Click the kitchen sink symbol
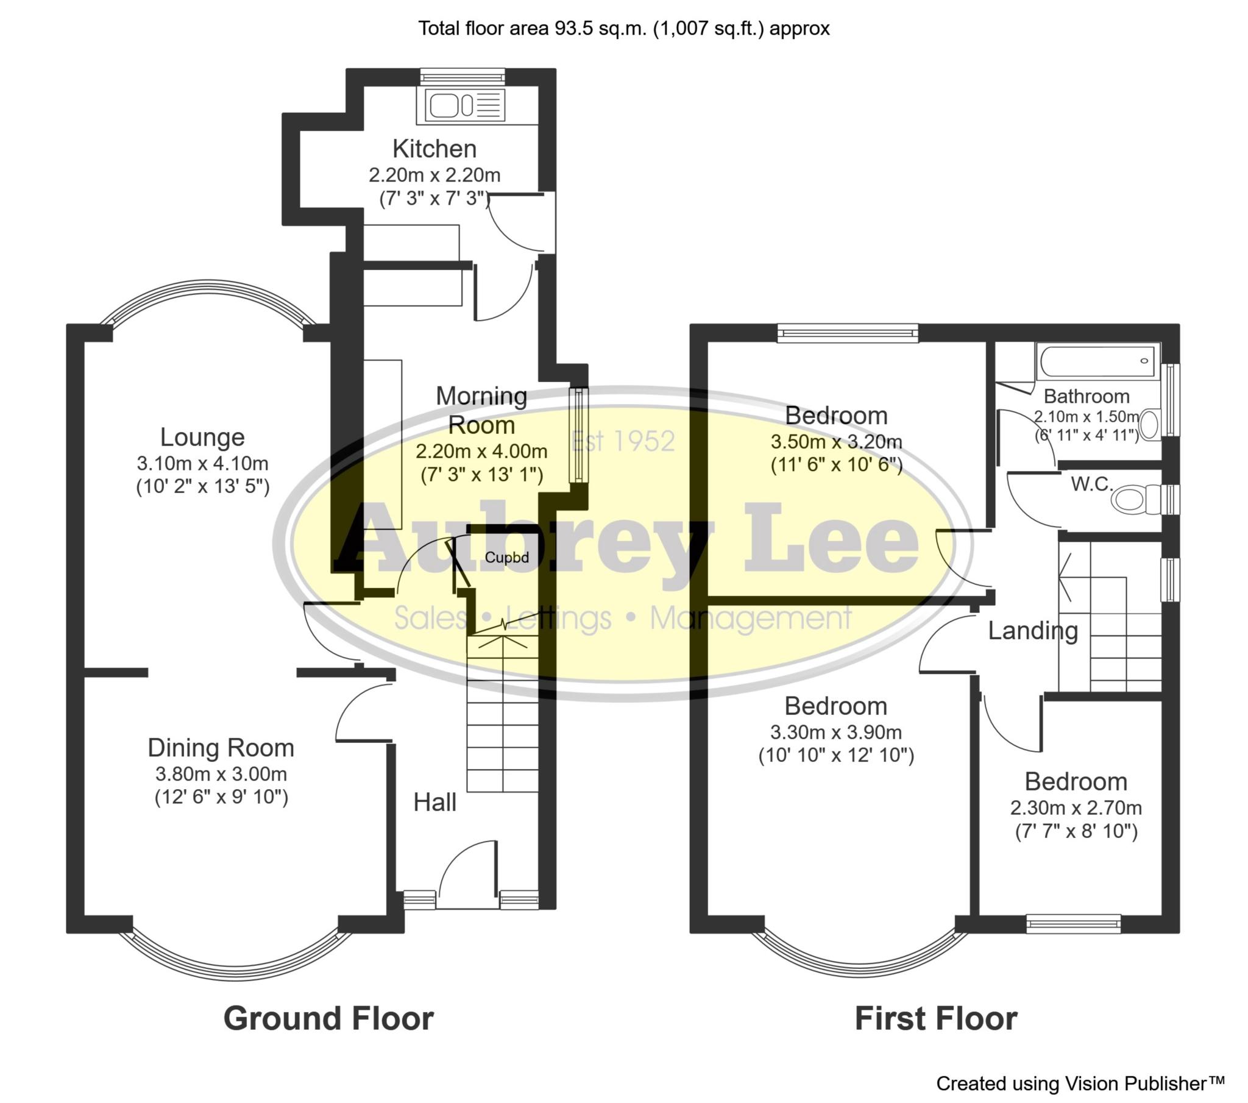click(461, 105)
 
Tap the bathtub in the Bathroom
click(1097, 361)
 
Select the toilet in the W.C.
click(1129, 500)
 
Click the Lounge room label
click(202, 438)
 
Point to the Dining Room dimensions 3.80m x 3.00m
click(221, 774)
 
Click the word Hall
click(434, 803)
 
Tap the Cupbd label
click(506, 557)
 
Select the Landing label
click(1032, 631)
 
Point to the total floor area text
click(623, 28)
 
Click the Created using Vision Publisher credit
click(1080, 1083)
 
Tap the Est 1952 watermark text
click(623, 441)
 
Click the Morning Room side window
click(577, 434)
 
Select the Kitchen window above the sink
click(463, 76)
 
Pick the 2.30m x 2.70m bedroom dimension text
click(1076, 808)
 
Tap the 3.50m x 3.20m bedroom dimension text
click(836, 442)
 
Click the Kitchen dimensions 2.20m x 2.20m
click(434, 176)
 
